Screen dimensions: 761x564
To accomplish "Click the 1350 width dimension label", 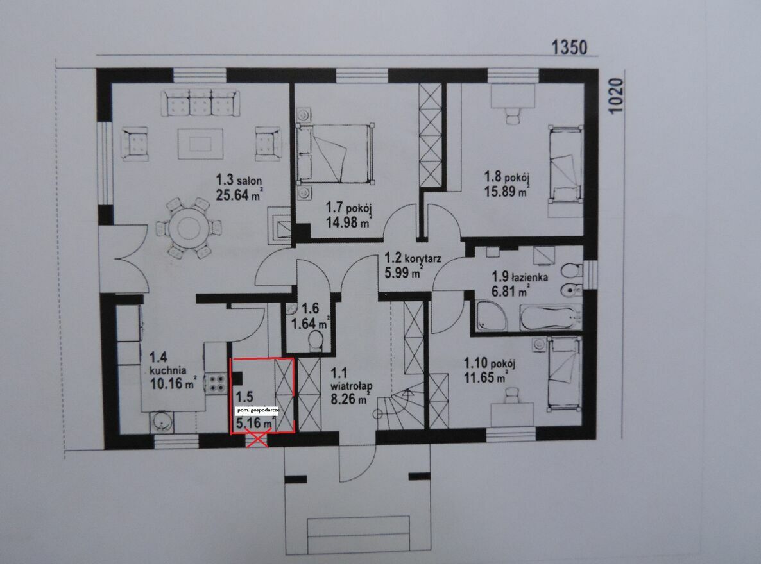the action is click(569, 47).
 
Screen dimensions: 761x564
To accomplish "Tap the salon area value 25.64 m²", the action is click(239, 195).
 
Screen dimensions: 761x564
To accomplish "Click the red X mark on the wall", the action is click(258, 440).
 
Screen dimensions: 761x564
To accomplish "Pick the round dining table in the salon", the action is click(189, 226).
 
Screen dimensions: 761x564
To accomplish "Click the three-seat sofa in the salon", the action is click(200, 103).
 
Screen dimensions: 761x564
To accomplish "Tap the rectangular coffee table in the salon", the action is click(200, 144).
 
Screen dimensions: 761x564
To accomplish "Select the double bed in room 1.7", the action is click(336, 153).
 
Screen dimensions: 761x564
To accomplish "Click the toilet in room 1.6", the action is click(316, 340).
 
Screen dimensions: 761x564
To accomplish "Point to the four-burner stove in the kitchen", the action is click(215, 383).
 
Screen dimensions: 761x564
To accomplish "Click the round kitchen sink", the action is click(160, 421).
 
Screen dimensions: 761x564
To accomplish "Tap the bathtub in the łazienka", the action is click(551, 318).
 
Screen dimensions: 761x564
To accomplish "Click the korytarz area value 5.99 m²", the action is click(403, 273).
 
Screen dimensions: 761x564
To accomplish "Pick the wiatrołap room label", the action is click(352, 386).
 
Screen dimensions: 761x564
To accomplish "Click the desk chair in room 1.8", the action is click(513, 115).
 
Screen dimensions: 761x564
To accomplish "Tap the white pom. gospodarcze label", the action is click(258, 410).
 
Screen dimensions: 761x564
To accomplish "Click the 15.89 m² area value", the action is click(506, 191).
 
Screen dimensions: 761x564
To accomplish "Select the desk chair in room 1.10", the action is click(511, 395).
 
